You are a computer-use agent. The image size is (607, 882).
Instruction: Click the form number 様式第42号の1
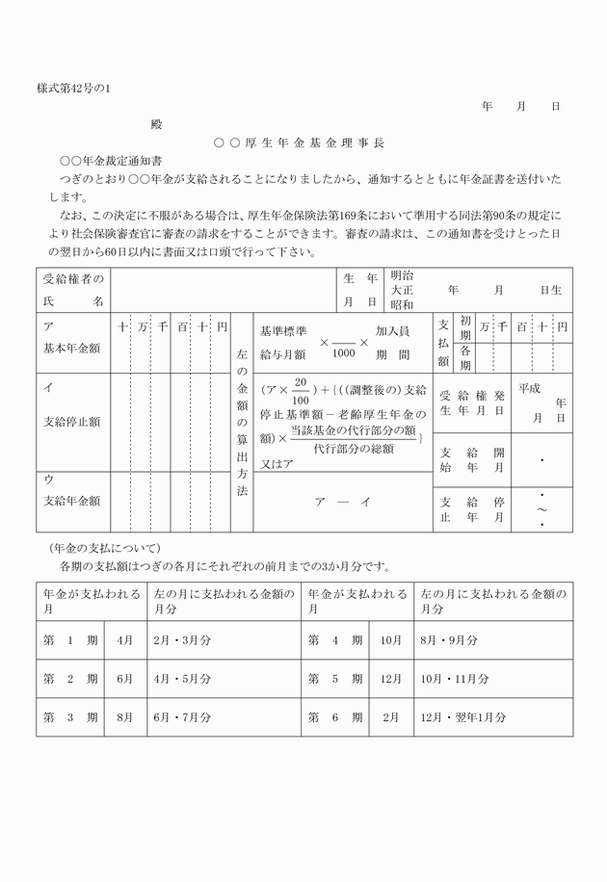[x=74, y=89]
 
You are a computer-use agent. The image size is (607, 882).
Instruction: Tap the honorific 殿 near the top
[x=156, y=123]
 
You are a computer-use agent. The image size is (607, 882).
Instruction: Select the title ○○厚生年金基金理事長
[x=300, y=143]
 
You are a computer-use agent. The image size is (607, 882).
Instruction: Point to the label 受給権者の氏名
[x=72, y=290]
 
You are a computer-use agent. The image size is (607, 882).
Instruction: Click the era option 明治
[x=402, y=275]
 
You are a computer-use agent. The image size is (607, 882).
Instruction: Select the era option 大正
[x=402, y=290]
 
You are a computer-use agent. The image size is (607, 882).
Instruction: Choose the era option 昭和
[x=402, y=304]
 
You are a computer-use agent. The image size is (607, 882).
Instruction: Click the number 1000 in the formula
[x=342, y=352]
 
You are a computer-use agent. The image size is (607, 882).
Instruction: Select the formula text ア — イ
[x=342, y=502]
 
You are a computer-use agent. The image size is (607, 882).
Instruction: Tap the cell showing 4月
[x=124, y=639]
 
